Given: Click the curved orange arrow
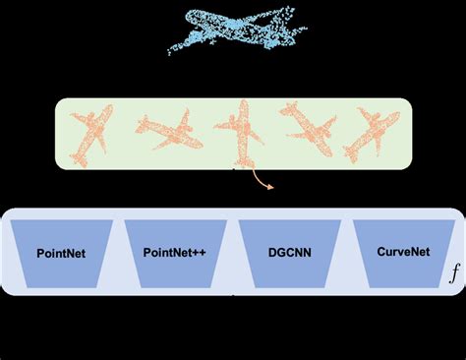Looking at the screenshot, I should (x=258, y=178).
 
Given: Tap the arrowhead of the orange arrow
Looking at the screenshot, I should (x=270, y=184).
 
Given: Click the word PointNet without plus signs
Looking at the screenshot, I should (x=60, y=253).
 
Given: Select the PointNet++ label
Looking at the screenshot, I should (x=175, y=253).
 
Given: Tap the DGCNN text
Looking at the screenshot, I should (x=290, y=253).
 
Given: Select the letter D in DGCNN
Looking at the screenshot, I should (x=272, y=253).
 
